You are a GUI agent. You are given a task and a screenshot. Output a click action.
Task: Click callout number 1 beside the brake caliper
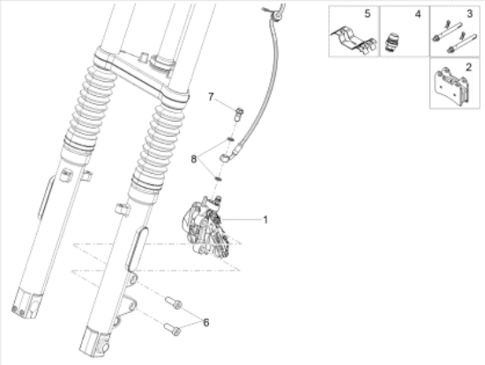[x=265, y=220]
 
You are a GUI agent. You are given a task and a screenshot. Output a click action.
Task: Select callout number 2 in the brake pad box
[x=468, y=67]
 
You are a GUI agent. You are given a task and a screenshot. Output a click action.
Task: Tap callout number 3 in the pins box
[x=469, y=13]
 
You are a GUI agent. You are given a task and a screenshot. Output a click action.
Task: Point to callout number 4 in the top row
[x=418, y=14]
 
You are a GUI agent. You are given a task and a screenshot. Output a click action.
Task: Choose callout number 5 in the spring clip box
[x=367, y=13]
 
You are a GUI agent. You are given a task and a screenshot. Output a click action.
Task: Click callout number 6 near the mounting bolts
[x=206, y=323]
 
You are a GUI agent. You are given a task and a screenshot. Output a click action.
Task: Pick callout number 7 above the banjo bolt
[x=211, y=97]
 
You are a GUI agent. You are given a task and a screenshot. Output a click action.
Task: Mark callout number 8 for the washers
[x=194, y=160]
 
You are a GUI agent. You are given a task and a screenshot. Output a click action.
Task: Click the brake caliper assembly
[x=206, y=226]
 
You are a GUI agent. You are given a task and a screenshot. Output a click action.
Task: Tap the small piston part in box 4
[x=392, y=41]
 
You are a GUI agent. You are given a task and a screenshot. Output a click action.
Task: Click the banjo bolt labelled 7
[x=239, y=115]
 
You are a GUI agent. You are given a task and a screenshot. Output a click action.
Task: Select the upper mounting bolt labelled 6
[x=174, y=302]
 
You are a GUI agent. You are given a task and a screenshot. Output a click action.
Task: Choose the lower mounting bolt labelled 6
[x=172, y=329]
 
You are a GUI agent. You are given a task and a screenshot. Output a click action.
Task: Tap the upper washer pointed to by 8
[x=231, y=139]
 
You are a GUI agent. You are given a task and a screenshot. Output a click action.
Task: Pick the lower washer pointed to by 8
[x=219, y=178]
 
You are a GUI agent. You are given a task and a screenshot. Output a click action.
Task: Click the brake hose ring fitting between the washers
[x=224, y=158]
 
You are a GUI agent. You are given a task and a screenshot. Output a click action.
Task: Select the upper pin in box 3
[x=447, y=32]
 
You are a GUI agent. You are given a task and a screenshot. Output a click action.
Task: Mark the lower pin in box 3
[x=461, y=42]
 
